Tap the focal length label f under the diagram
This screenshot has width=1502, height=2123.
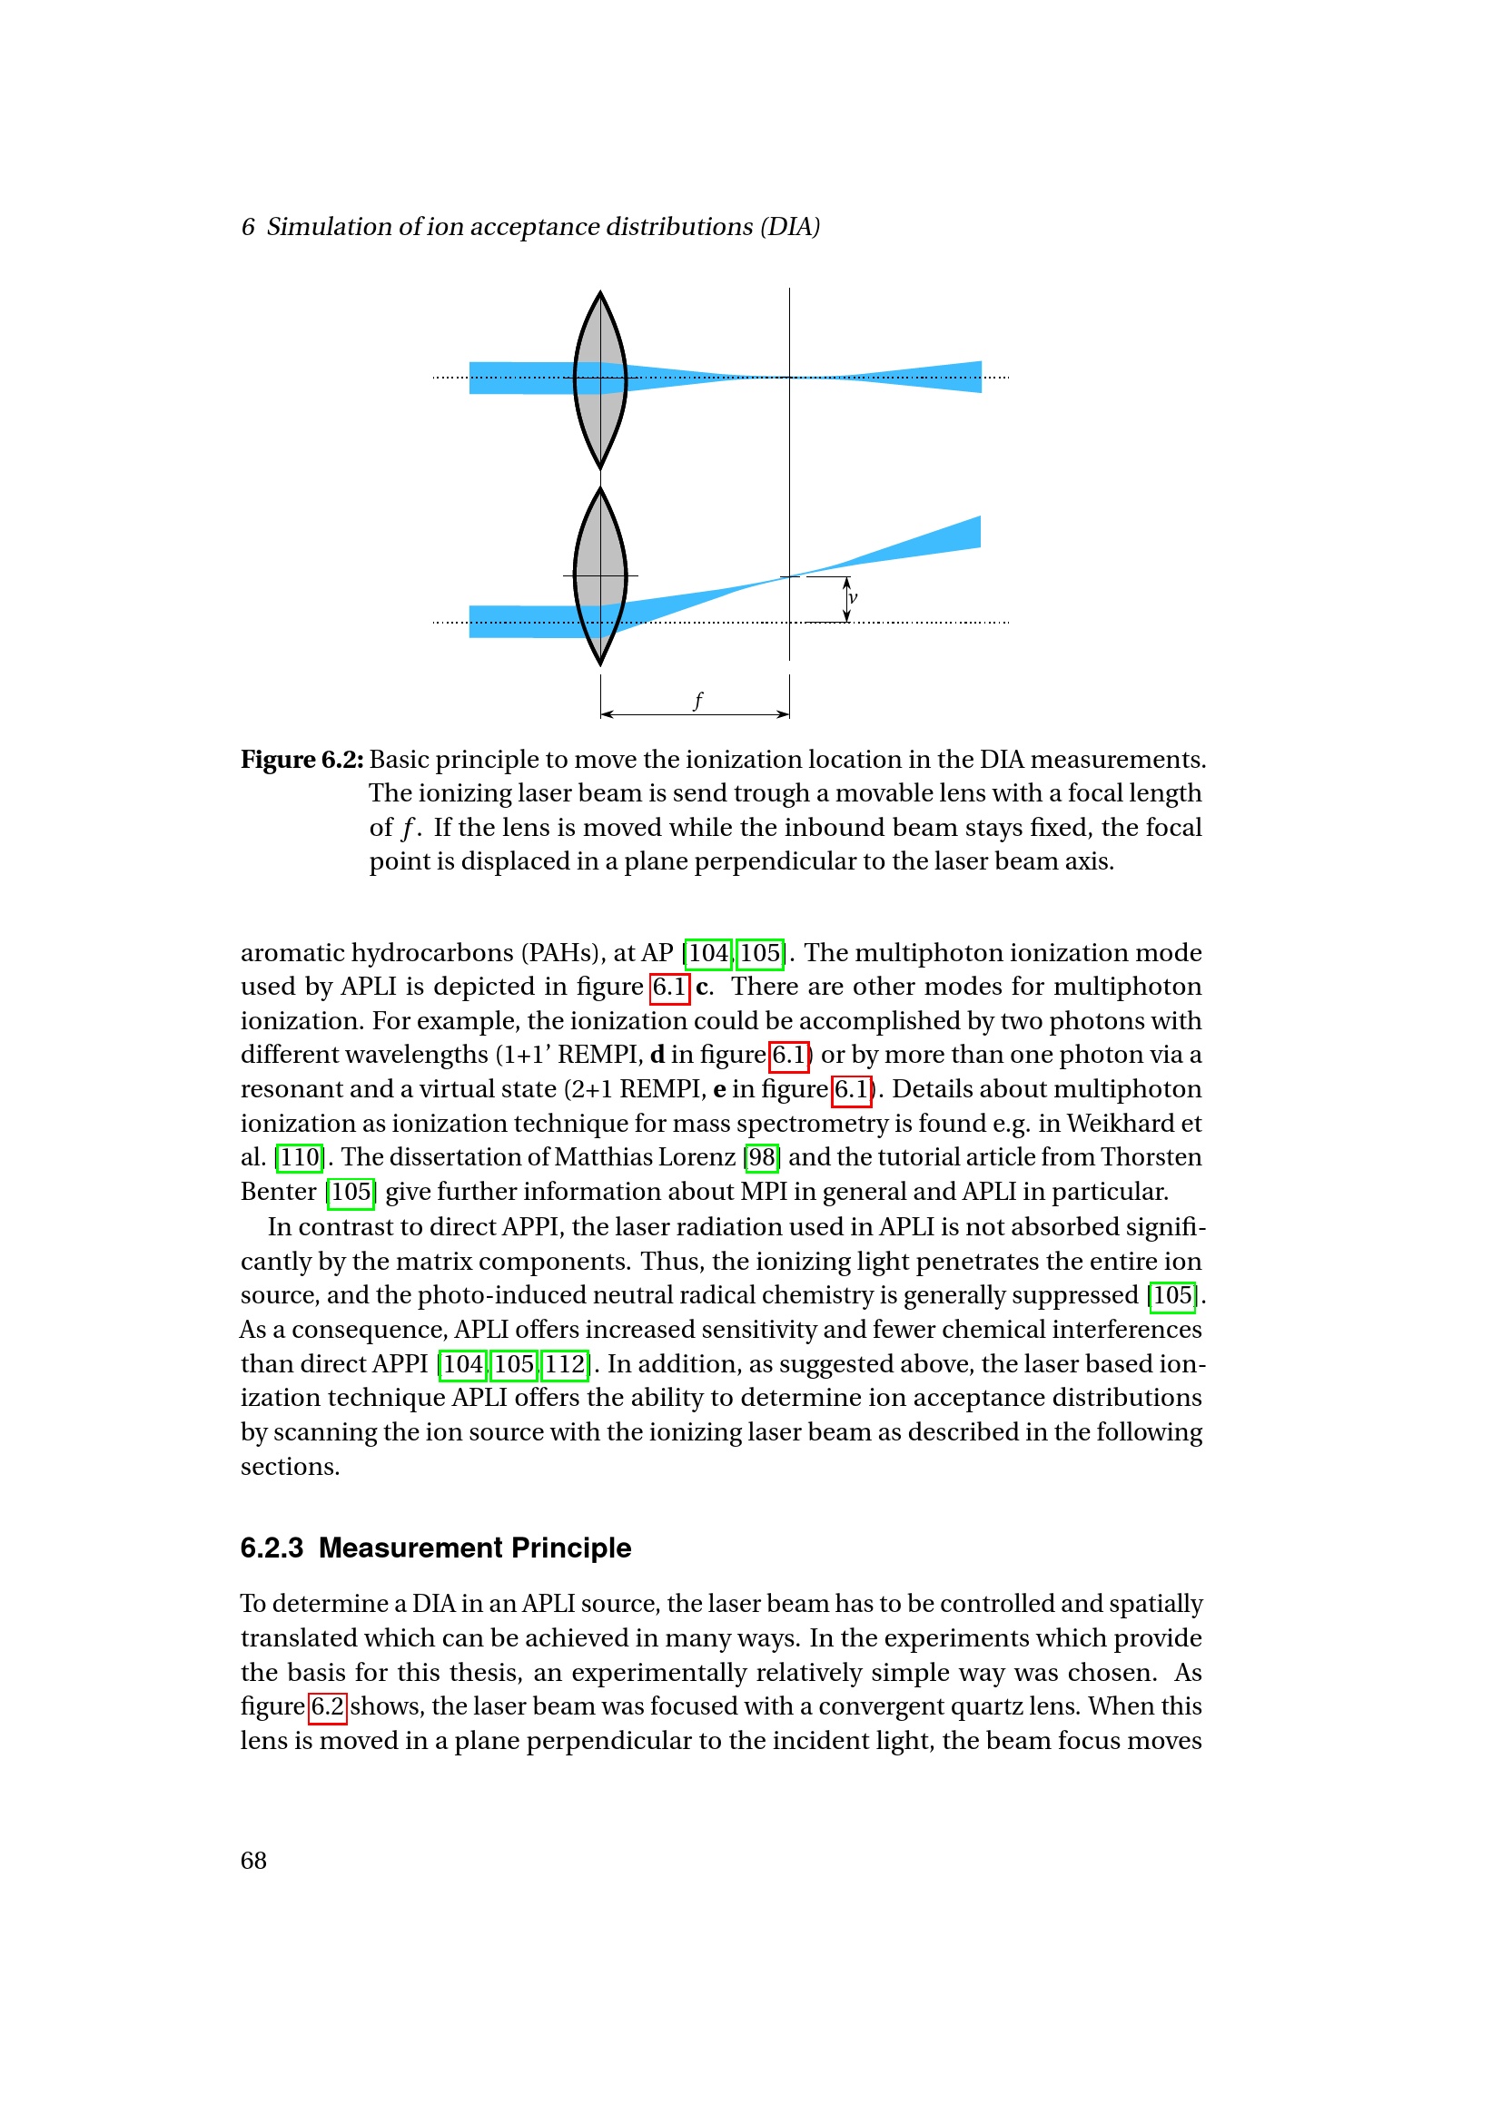(697, 700)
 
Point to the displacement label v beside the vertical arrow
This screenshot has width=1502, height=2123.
(853, 597)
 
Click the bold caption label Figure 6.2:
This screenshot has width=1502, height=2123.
(301, 759)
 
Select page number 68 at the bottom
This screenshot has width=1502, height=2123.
(253, 1861)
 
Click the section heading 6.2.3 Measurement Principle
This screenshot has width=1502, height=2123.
(436, 1548)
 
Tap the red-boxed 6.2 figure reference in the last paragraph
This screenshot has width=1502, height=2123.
(328, 1706)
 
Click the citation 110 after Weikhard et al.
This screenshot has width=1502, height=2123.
(300, 1156)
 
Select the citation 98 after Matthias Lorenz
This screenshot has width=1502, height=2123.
(762, 1156)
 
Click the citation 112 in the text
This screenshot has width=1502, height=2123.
(565, 1364)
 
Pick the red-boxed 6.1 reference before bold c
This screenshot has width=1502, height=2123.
(668, 987)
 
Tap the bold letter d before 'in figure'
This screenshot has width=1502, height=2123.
(657, 1054)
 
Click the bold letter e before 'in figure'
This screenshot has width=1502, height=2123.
(719, 1089)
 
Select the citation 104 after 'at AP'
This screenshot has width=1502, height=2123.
(708, 952)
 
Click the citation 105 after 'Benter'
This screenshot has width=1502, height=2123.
(351, 1191)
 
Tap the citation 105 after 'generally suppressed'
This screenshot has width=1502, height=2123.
(1172, 1295)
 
